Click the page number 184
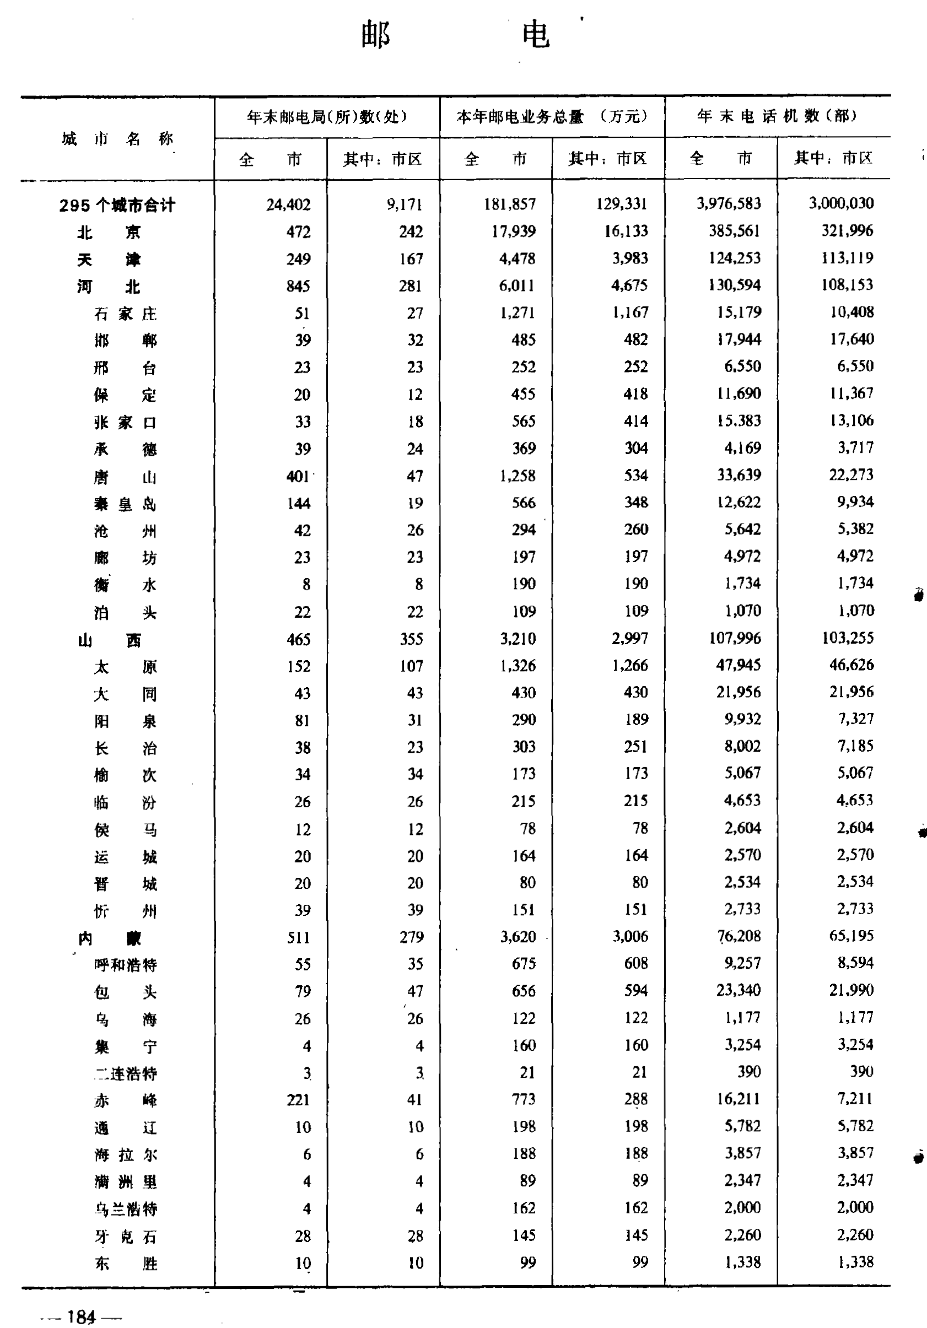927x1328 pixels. (81, 1316)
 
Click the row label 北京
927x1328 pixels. (109, 233)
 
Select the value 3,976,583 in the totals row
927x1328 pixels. (729, 203)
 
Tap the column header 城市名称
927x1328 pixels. (117, 139)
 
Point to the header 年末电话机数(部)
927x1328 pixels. (777, 117)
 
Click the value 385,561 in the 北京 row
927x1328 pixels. (734, 231)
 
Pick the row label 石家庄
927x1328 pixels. (125, 314)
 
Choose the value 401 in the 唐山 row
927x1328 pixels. (298, 477)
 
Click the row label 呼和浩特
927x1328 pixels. (126, 965)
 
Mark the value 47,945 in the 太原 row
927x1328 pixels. (739, 666)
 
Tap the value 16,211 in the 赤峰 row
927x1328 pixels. (739, 1099)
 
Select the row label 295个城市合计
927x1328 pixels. (117, 206)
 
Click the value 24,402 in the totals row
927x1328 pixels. (288, 205)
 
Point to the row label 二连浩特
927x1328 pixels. (126, 1073)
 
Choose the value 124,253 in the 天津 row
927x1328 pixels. (734, 258)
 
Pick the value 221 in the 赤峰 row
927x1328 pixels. (298, 1099)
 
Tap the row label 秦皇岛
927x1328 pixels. (125, 504)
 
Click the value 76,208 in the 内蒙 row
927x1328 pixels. (739, 936)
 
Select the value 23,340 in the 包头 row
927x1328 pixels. (739, 990)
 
